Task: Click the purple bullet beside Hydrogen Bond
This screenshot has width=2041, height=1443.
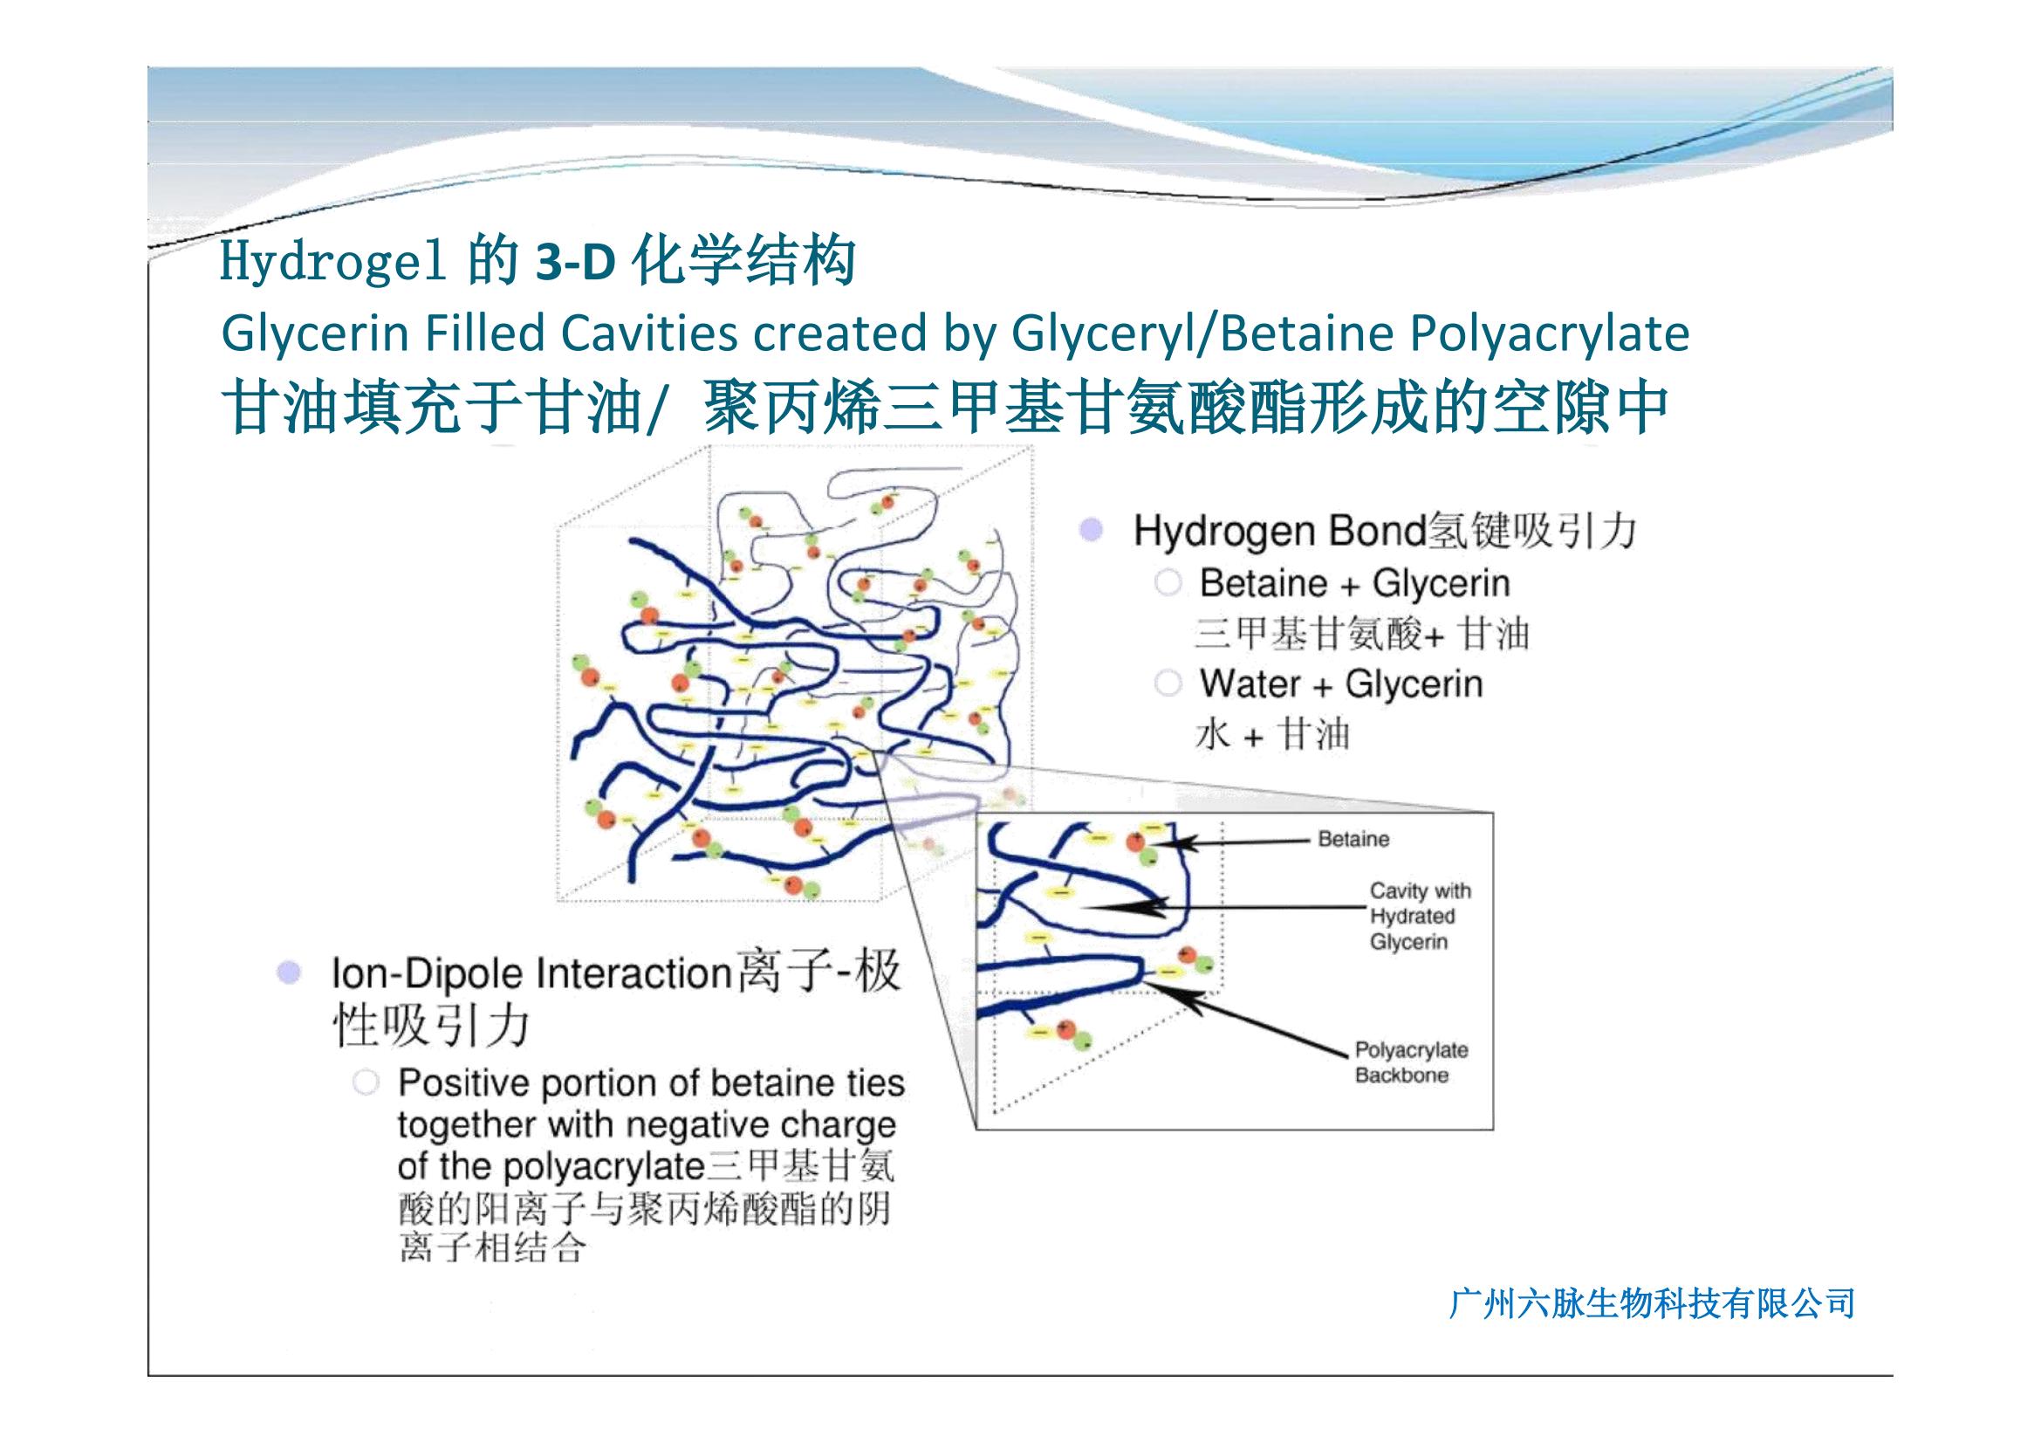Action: coord(1091,531)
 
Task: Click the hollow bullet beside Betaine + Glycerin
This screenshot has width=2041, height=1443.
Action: coord(1168,583)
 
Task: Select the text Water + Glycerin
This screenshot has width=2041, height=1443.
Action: coord(1341,684)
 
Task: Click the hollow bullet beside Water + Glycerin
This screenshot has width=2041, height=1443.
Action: coord(1168,684)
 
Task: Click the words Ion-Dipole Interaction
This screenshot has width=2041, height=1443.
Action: coord(531,973)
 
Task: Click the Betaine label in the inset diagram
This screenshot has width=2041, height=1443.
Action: coord(1353,839)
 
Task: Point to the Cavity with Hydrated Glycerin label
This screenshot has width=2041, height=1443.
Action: coord(1420,916)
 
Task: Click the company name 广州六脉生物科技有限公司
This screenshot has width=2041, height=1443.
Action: coord(1653,1303)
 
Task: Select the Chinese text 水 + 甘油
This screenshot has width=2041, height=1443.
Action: coord(1272,735)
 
